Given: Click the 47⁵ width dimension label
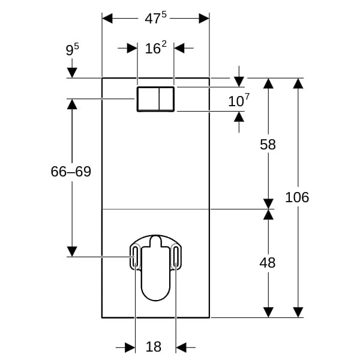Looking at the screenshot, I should pyautogui.click(x=155, y=19).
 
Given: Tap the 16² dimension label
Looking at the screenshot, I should pyautogui.click(x=155, y=48).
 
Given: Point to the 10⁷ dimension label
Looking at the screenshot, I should pyautogui.click(x=238, y=101).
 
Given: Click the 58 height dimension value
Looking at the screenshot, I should pyautogui.click(x=268, y=145).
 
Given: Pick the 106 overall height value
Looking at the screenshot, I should pyautogui.click(x=297, y=197).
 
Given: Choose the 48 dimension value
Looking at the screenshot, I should pyautogui.click(x=268, y=262).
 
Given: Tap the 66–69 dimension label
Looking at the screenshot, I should pyautogui.click(x=71, y=172).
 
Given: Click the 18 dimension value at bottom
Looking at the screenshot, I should pyautogui.click(x=154, y=347).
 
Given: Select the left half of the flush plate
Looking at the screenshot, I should pyautogui.click(x=148, y=99).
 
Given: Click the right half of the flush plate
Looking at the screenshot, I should pyautogui.click(x=167, y=99).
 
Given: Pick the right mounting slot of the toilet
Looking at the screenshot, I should pyautogui.click(x=176, y=257).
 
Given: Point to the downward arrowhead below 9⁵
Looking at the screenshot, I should pyautogui.click(x=72, y=73).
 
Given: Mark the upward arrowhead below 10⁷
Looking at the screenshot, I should pyautogui.click(x=239, y=117).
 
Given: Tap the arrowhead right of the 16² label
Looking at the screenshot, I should pyautogui.click(x=180, y=48).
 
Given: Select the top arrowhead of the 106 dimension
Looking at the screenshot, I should pyautogui.click(x=298, y=83).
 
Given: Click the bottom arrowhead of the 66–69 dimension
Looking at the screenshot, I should pyautogui.click(x=72, y=251).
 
